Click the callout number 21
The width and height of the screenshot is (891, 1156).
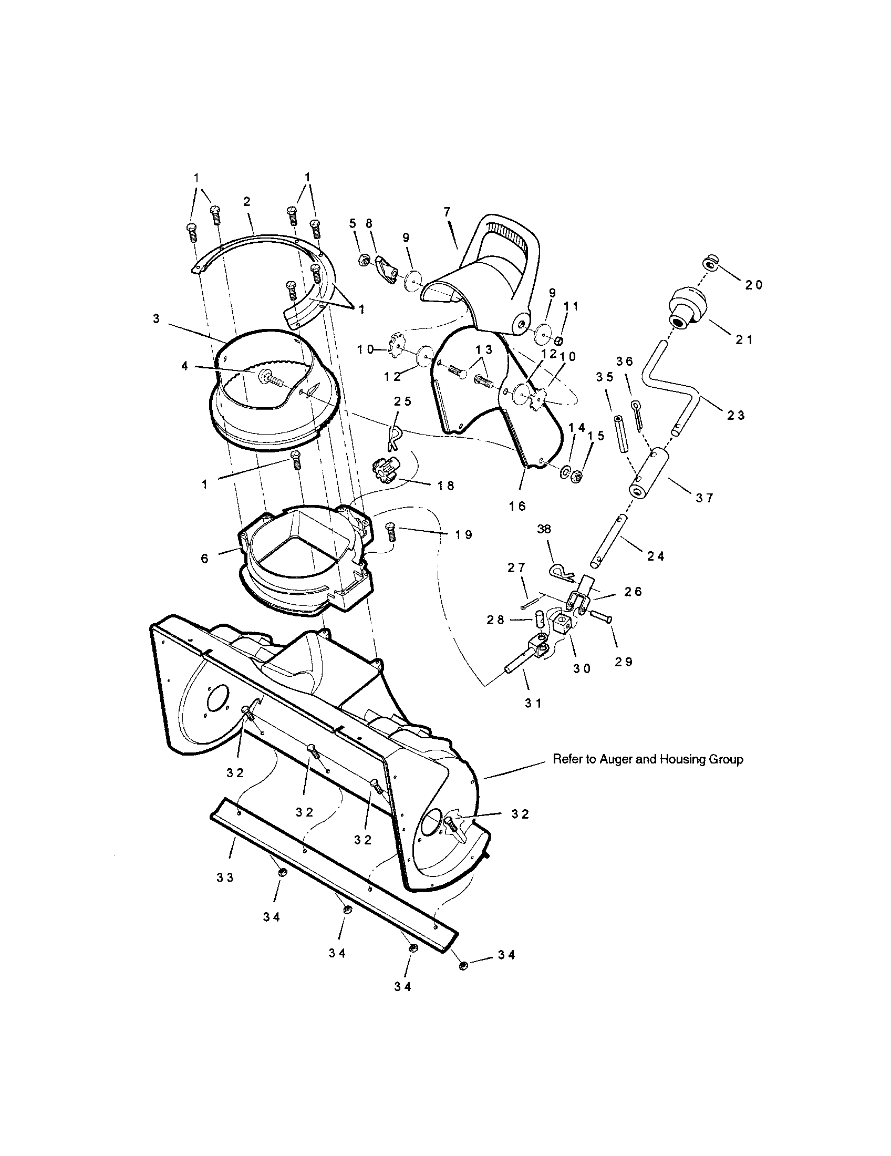[744, 340]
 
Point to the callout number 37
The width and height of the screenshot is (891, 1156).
[704, 498]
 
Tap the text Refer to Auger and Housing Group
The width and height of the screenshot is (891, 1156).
[648, 760]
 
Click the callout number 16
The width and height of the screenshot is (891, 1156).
[517, 506]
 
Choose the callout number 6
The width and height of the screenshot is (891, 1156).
[205, 559]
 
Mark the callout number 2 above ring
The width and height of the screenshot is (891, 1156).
[246, 202]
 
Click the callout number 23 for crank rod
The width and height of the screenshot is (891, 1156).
[735, 416]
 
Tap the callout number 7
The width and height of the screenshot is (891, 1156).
[447, 212]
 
